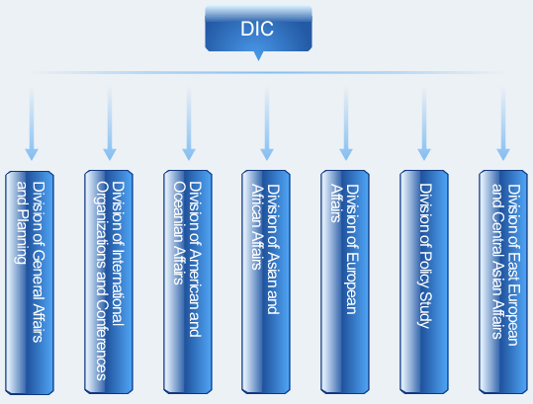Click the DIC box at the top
coord(258,29)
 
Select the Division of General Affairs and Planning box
coord(30,283)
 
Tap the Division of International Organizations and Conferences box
coord(109,283)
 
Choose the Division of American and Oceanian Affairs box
coord(188,283)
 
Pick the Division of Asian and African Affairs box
coord(266,283)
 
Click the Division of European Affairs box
coord(345,283)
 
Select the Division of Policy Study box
coord(424,283)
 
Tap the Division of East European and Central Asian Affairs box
coord(503,283)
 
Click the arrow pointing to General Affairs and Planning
coord(32,123)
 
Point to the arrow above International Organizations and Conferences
coord(110,123)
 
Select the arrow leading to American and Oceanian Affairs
coord(189,123)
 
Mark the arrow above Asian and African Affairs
coord(267,123)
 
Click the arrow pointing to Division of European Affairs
coord(346,123)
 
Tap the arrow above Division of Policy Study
coord(424,123)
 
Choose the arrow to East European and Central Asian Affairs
coord(503,123)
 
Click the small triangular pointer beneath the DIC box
coord(258,56)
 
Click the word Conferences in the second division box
coord(101,340)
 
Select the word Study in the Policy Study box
coord(425,308)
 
